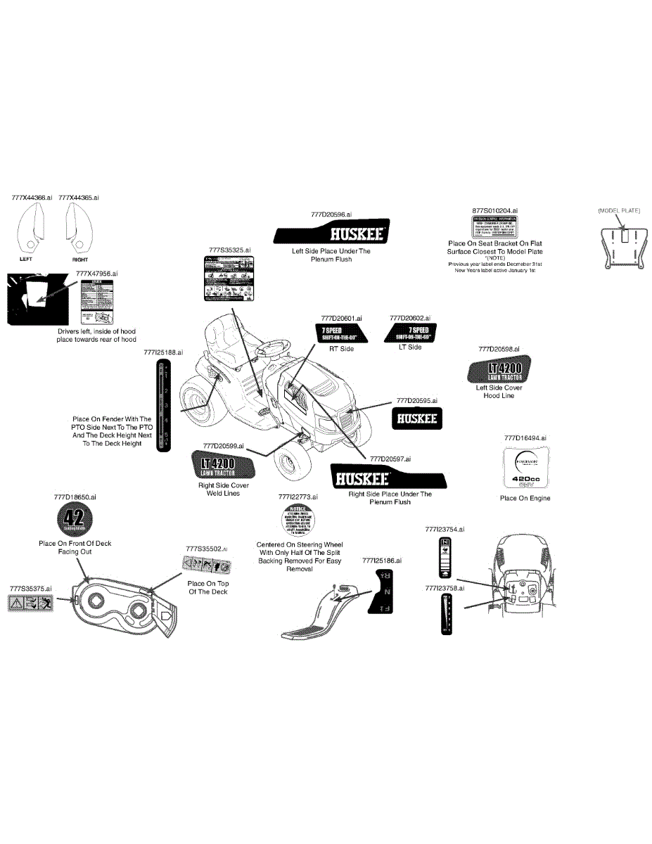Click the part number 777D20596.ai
point(331,214)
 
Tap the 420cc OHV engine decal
point(525,468)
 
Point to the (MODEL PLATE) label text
point(619,211)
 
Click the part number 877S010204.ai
point(494,210)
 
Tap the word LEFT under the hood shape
point(26,259)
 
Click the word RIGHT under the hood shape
point(80,260)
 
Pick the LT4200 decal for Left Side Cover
point(499,370)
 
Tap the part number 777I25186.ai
point(381,561)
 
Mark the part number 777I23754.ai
point(445,529)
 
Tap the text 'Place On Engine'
point(525,499)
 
